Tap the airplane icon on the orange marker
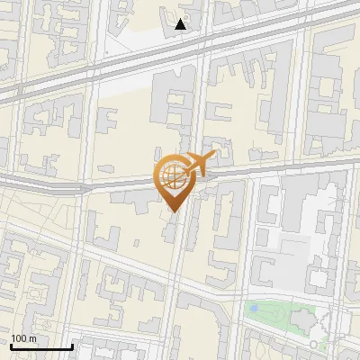(x=197, y=165)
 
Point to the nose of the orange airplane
(x=213, y=157)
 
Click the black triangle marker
(x=181, y=24)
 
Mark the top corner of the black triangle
(x=181, y=18)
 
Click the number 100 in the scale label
(x=19, y=338)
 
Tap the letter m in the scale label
(x=32, y=338)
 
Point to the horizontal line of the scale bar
(x=40, y=346)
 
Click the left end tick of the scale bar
(x=10, y=345)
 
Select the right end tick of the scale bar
(x=72, y=345)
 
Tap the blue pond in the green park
(x=254, y=310)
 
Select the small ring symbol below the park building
(x=312, y=344)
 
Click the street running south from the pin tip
(x=176, y=270)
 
